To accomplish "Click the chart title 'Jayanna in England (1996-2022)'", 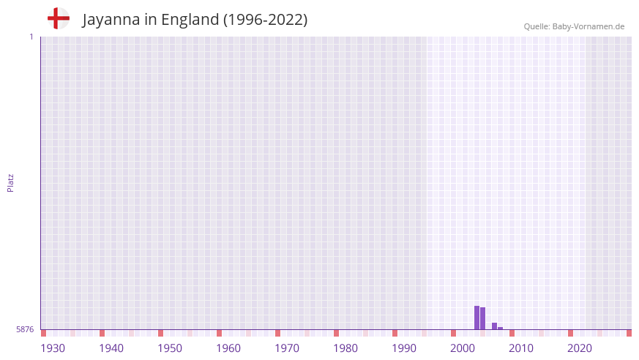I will coord(195,20).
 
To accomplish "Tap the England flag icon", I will coord(58,18).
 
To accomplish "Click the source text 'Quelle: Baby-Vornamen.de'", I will coord(574,26).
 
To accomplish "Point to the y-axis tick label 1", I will coord(31,37).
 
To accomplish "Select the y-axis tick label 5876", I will coord(25,329).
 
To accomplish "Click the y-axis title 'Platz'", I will coord(10,182).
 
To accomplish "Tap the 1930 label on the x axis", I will coord(53,348).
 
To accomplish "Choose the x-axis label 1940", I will coord(111,348).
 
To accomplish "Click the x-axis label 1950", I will coord(170,348).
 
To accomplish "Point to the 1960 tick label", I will coord(228,348).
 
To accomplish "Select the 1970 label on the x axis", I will coord(287,348).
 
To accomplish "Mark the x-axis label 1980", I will coord(345,348).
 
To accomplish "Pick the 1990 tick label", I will coord(404,348).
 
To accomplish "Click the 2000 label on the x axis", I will coord(463,348).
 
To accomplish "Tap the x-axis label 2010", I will coord(521,348).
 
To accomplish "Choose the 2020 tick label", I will coord(580,348).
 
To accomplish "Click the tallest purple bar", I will coord(477,318).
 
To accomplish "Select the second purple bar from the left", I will coord(483,318).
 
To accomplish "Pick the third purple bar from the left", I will coord(494,326).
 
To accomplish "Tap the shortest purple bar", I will coord(501,328).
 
